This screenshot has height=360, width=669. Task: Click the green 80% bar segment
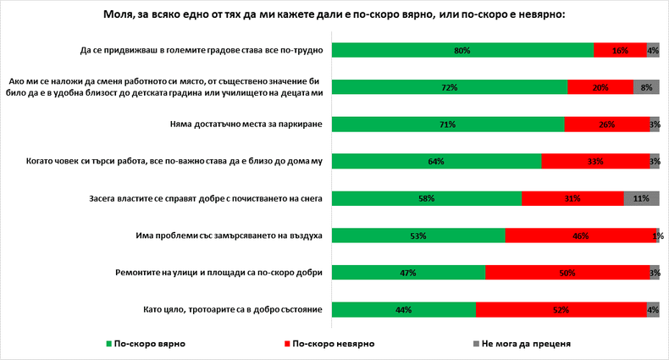[462, 51]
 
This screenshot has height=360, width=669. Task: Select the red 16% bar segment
[620, 51]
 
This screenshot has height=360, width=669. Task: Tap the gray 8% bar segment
[646, 87]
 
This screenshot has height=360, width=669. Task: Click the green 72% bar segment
[450, 87]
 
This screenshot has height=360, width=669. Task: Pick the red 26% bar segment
[606, 125]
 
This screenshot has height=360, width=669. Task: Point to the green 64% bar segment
[436, 161]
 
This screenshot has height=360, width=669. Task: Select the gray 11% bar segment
[641, 198]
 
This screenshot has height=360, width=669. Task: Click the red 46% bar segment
[580, 235]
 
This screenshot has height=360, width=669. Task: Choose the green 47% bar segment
[409, 273]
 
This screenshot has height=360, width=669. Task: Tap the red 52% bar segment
[561, 310]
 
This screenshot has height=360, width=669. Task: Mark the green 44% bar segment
[404, 310]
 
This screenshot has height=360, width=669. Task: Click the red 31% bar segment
[572, 198]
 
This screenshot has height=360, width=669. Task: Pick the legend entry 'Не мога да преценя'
[525, 344]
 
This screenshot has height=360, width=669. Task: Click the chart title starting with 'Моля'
[334, 15]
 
